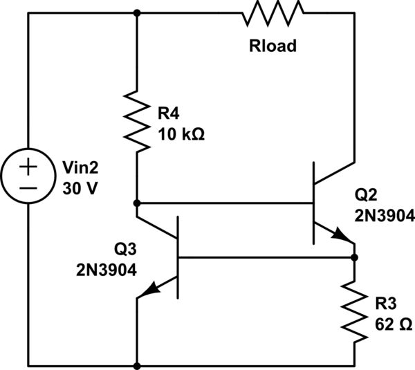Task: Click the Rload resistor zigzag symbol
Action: (272, 12)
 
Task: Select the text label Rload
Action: (272, 46)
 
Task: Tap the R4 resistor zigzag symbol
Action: (138, 123)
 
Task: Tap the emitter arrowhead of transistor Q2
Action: (344, 237)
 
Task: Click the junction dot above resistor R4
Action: (138, 12)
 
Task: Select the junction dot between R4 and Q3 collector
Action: (138, 203)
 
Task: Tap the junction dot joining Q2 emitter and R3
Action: (354, 257)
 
